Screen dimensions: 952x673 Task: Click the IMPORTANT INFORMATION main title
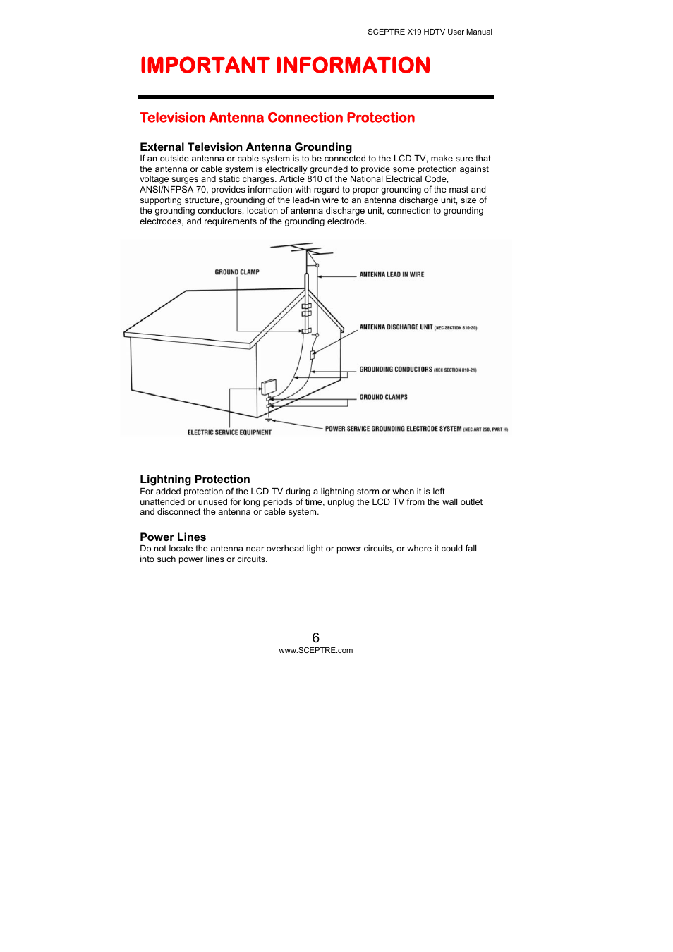285,66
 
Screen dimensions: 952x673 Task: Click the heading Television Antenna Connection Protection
277,118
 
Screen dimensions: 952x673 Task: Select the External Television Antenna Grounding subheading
245,147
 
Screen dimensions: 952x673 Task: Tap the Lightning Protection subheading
195,480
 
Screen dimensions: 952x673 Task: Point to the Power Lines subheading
173,537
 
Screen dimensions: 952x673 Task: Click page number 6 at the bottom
315,637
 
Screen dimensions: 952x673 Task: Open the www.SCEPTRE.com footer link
315,651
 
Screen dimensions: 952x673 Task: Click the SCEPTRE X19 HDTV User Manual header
430,32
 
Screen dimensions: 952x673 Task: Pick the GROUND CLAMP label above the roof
237,272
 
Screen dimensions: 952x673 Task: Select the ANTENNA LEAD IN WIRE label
392,275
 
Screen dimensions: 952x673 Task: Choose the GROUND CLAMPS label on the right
383,397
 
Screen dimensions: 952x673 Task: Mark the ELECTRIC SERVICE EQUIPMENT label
229,433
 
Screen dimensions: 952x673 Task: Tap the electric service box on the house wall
269,386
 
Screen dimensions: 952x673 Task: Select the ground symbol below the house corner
268,420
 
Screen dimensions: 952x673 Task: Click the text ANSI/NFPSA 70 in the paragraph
174,190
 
